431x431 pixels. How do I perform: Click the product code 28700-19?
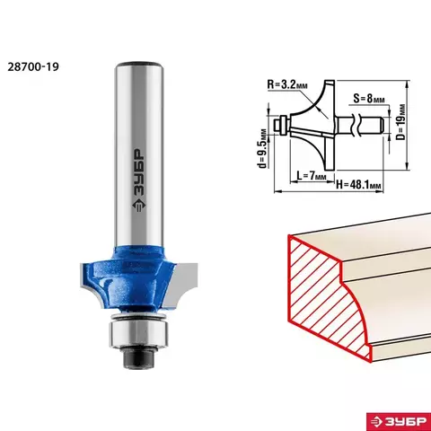pos(33,66)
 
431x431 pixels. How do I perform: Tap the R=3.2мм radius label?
pos(286,85)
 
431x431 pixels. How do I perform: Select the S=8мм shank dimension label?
pos(368,98)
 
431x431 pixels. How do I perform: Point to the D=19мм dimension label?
pos(400,122)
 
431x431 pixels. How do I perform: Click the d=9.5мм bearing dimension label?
pos(263,148)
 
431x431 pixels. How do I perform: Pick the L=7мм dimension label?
pos(311,175)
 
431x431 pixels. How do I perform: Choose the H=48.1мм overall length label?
pos(358,185)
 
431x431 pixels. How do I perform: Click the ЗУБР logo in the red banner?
pos(399,422)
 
